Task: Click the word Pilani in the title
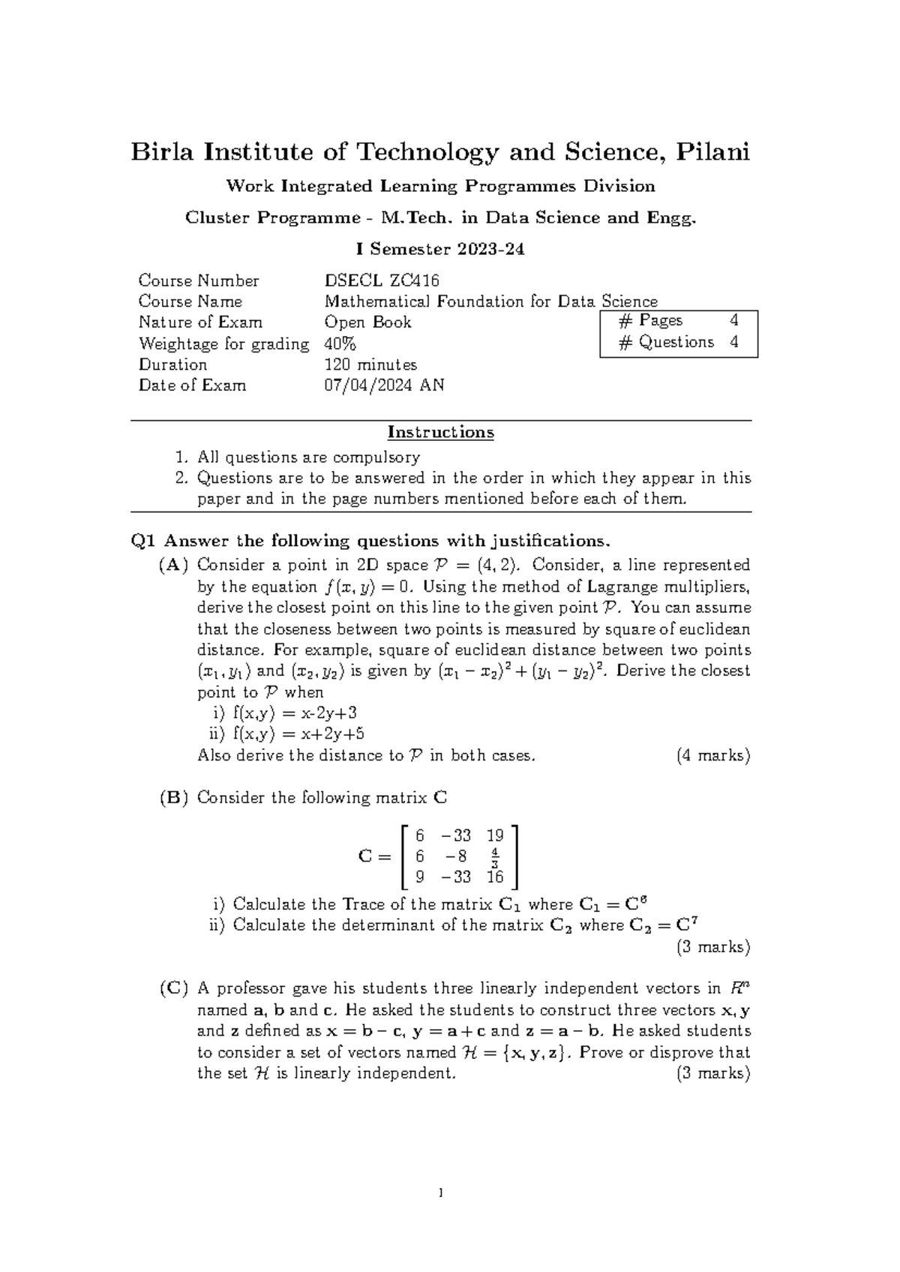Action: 712,152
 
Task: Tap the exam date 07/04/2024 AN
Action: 384,385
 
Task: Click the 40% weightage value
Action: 340,343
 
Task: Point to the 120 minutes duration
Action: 370,364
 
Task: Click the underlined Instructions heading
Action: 440,432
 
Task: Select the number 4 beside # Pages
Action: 733,320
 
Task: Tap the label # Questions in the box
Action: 666,342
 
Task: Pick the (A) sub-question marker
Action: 174,565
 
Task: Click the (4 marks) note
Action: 712,755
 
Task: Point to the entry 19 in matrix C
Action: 495,835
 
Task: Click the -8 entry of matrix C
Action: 455,856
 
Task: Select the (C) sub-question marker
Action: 174,988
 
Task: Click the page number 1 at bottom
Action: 441,1192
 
